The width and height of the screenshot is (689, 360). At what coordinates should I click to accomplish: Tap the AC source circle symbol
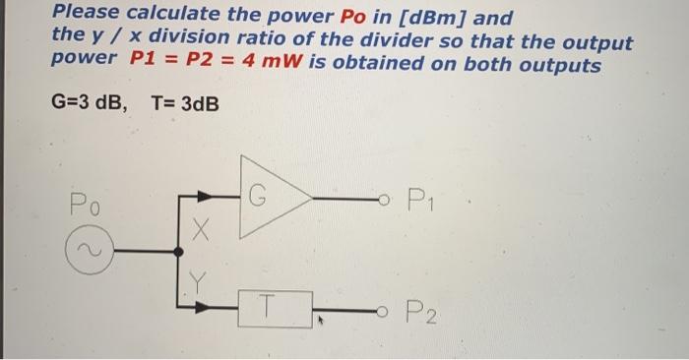click(85, 253)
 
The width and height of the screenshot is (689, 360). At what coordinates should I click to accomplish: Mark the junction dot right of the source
click(178, 253)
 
